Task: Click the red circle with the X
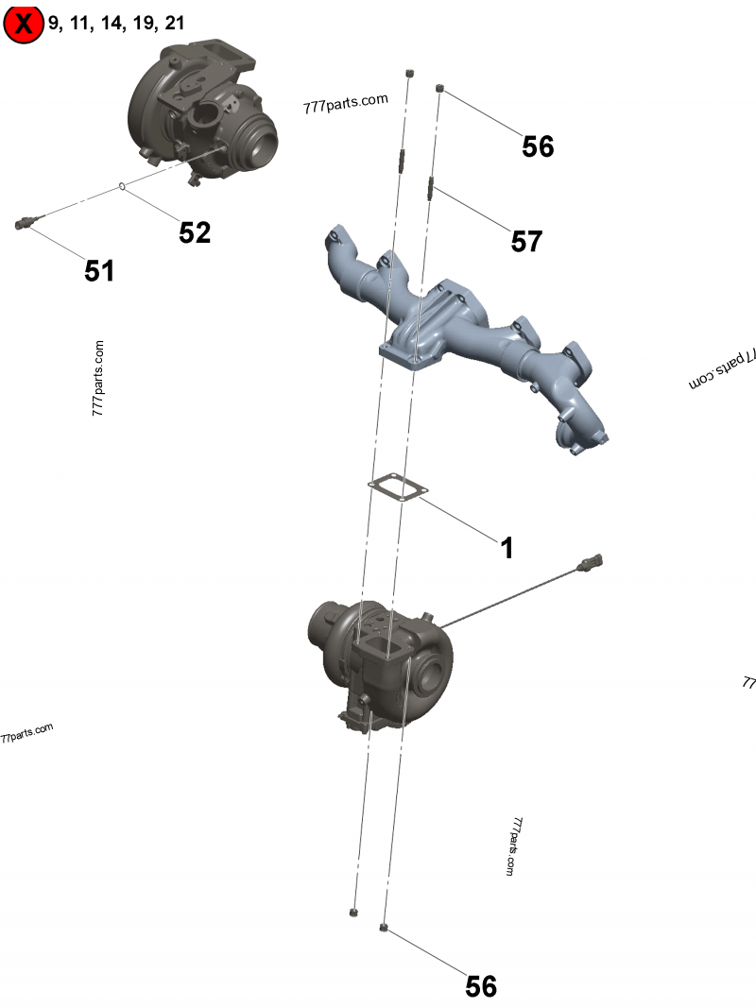tap(23, 24)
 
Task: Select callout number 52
tap(195, 232)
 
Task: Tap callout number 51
tap(99, 270)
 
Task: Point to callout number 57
tap(526, 241)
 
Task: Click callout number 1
tap(507, 548)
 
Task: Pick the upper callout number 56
tap(538, 146)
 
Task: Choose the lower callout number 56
tap(481, 986)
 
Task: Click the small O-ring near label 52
tap(122, 186)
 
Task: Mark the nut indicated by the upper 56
tap(439, 88)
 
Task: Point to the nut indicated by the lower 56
tap(384, 928)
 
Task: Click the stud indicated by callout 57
tap(431, 188)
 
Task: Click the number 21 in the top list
tap(174, 23)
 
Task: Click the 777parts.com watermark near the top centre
tap(346, 103)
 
